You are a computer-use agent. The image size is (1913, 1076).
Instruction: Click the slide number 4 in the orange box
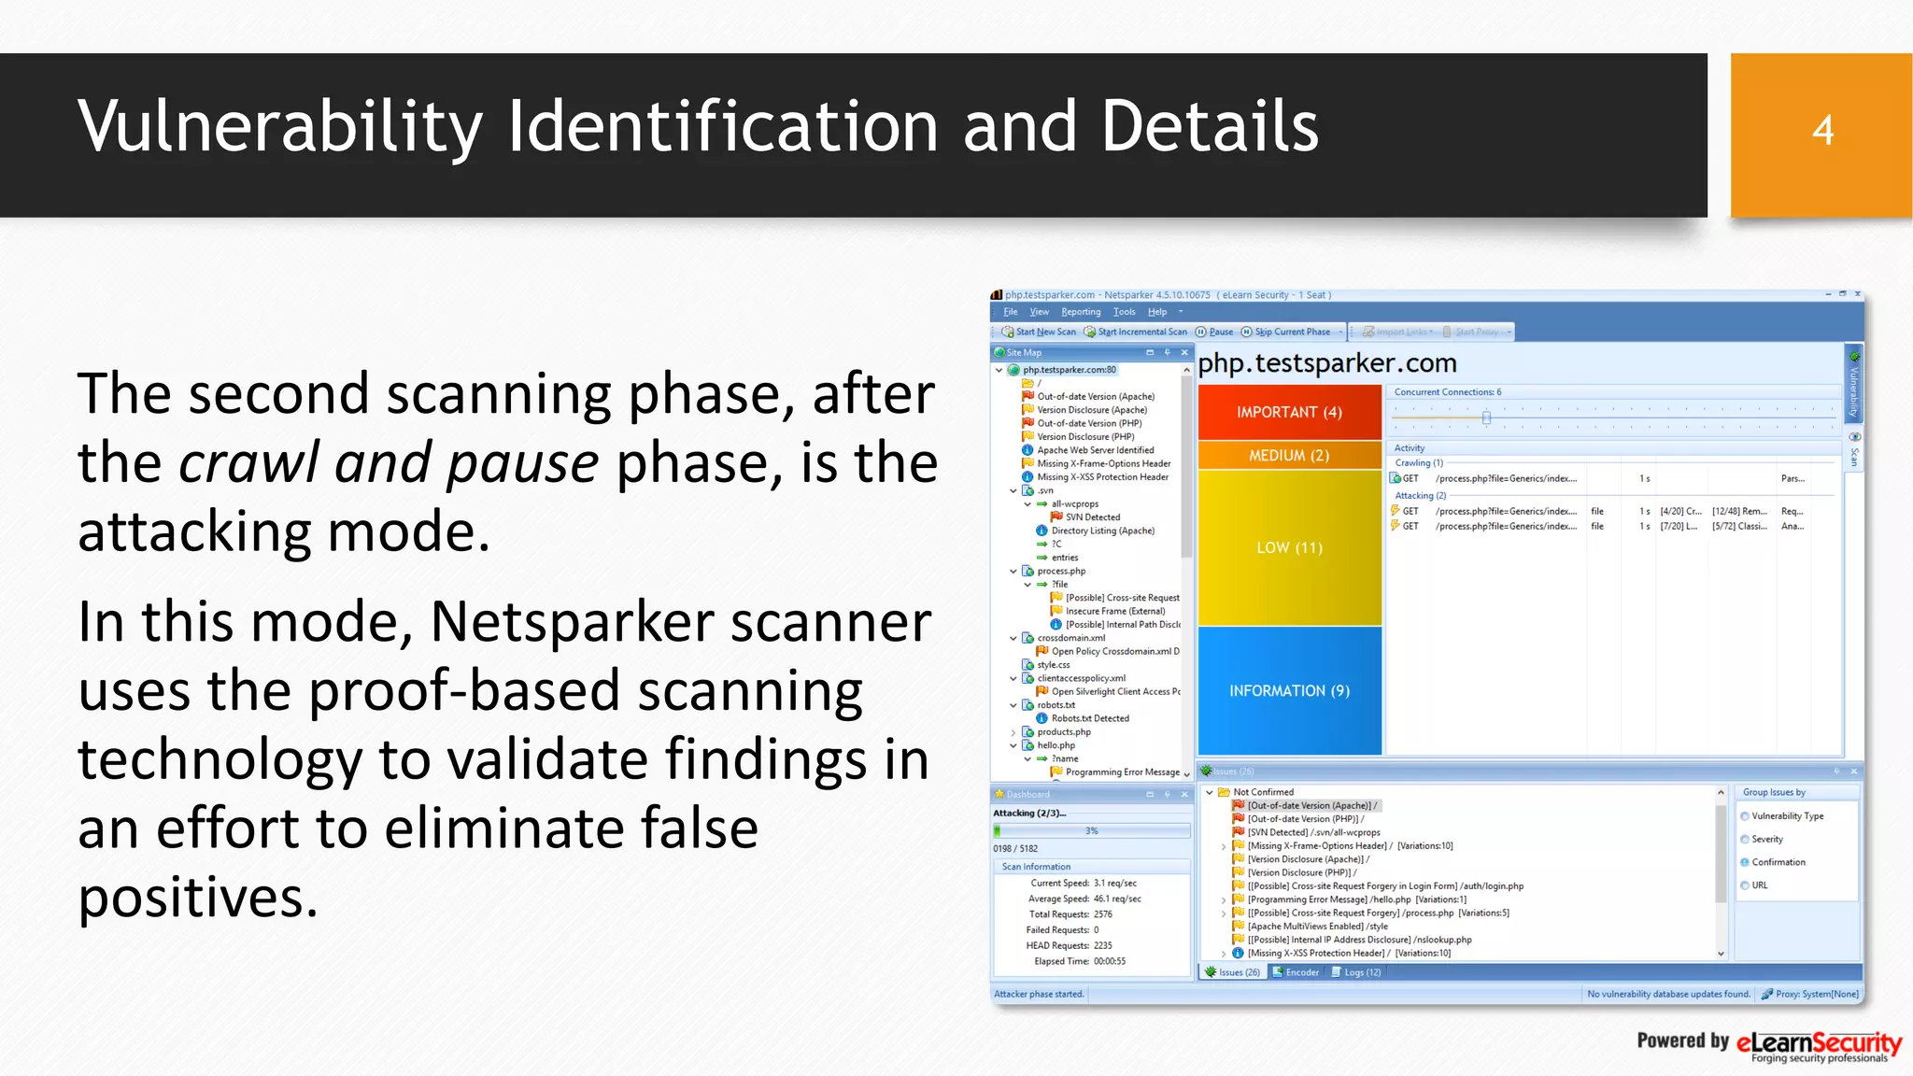point(1822,131)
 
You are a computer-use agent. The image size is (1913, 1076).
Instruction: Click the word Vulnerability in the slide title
point(280,127)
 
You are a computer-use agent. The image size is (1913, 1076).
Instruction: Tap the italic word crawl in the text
point(248,462)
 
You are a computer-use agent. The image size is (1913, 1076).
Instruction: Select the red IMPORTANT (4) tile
point(1289,412)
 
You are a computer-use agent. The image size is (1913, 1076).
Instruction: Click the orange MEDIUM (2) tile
point(1289,455)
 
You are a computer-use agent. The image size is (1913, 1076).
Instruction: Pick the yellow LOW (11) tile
point(1289,547)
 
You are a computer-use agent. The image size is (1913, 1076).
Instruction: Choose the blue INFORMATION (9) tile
point(1289,690)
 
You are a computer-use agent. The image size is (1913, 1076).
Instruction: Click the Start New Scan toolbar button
point(1039,332)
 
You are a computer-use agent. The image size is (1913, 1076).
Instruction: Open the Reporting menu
point(1081,312)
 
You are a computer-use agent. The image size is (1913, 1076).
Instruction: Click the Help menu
point(1157,312)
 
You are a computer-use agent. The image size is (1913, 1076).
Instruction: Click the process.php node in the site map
point(1061,571)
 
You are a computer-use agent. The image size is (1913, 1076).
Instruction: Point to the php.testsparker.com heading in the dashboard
point(1326,363)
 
